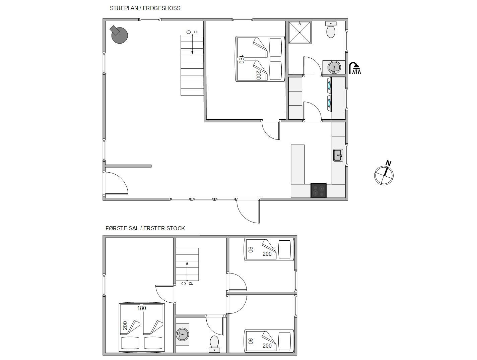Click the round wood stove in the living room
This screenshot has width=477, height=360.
tap(119, 35)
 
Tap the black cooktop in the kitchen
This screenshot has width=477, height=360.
tap(318, 190)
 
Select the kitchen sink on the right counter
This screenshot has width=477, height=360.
tap(338, 155)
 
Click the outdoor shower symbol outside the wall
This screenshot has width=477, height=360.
tap(355, 68)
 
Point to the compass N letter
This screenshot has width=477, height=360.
tap(388, 163)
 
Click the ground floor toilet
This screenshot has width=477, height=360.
tap(331, 29)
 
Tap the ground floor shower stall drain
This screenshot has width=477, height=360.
tap(300, 33)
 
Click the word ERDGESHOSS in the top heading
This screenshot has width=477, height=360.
tap(161, 8)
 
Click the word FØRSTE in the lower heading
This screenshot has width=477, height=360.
tap(122, 228)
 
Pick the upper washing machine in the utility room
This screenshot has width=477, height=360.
tap(330, 85)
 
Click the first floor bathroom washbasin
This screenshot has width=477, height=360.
tap(182, 334)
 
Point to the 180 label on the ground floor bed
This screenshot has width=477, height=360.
tap(241, 59)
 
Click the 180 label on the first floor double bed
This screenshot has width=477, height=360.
tap(141, 308)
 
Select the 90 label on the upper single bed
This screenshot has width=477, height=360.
tap(250, 250)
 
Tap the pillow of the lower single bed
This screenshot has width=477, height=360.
tap(284, 341)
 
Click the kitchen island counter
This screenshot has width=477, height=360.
tap(298, 165)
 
